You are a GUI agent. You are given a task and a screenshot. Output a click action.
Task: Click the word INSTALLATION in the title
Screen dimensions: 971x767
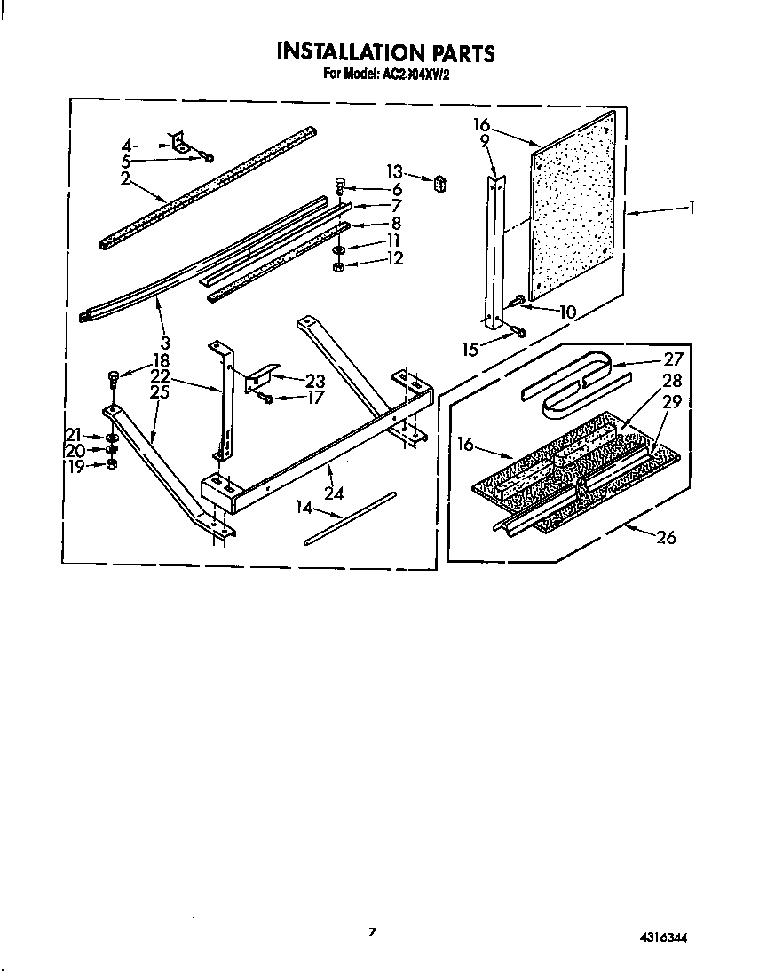point(343,52)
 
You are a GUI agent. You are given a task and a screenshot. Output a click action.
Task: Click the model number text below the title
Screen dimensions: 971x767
point(387,75)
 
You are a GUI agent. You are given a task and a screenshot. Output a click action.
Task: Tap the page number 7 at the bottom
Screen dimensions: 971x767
point(373,931)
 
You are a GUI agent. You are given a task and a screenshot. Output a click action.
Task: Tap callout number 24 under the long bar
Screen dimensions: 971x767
point(334,493)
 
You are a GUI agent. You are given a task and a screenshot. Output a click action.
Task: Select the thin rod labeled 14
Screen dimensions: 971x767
point(351,519)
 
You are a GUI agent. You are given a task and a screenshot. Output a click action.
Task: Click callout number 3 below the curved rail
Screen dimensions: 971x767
point(166,342)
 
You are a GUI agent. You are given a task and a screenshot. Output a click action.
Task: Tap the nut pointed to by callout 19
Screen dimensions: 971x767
point(112,464)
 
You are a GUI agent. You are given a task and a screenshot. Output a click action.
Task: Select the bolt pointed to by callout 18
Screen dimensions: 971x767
point(112,379)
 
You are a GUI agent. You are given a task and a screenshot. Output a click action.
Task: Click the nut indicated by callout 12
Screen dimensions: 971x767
point(339,269)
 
